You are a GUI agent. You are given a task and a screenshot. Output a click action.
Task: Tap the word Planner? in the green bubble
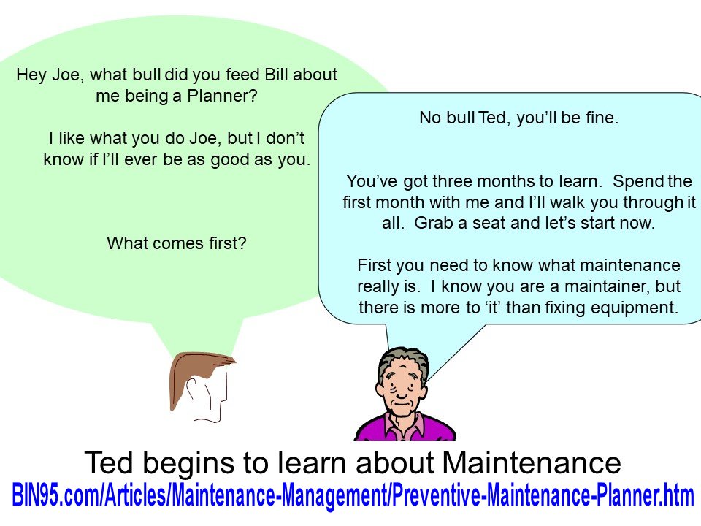click(x=222, y=96)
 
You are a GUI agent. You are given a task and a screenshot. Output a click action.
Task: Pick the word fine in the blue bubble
click(x=601, y=118)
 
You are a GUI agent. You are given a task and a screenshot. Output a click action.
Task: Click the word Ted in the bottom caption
click(x=109, y=462)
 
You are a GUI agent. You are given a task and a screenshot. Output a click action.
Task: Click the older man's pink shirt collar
click(x=405, y=427)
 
